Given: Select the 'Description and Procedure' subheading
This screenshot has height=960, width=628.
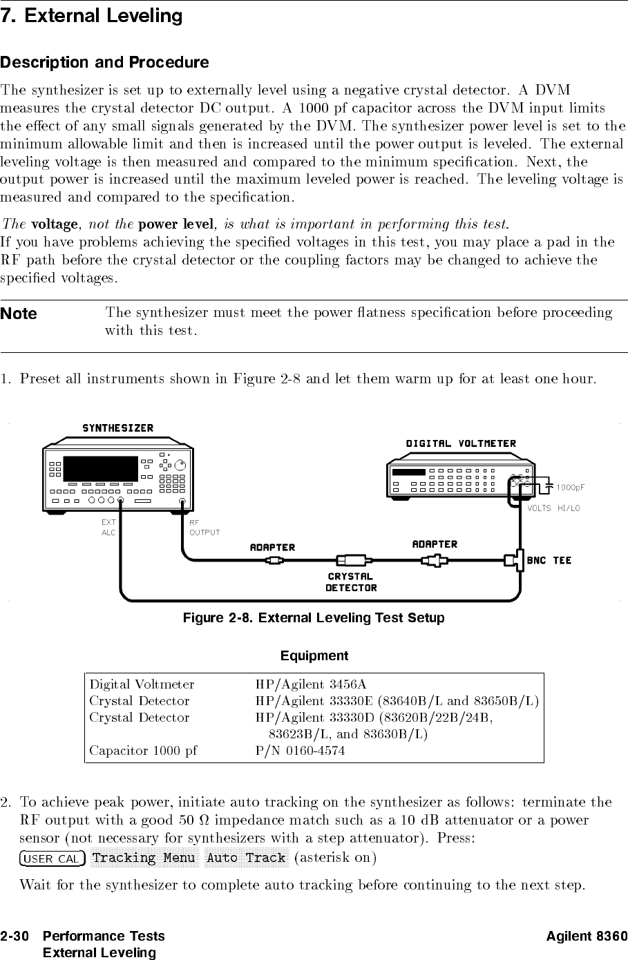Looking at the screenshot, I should coord(104,63).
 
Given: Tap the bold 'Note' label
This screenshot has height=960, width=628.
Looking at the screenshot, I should coord(19,314).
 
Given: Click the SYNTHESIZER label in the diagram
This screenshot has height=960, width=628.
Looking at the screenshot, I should coord(118,428).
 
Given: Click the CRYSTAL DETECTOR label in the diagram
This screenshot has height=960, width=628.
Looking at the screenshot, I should coord(351,582).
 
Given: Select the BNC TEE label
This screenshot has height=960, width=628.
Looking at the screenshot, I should coord(549,560).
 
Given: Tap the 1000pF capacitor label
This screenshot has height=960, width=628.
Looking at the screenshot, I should coord(571,487).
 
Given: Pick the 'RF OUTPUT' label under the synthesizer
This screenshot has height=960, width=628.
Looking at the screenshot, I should coord(204,528).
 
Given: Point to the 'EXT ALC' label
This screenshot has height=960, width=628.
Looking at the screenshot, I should coord(108,528).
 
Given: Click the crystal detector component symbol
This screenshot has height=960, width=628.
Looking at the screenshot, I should coord(352,560).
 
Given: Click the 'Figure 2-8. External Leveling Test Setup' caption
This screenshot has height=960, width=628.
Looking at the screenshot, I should coord(314,617).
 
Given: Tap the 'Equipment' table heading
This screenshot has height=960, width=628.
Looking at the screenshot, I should coord(314,655).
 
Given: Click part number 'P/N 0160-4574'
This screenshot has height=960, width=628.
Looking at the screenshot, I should coord(300,750).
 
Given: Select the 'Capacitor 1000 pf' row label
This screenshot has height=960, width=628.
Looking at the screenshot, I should coord(143,750).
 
